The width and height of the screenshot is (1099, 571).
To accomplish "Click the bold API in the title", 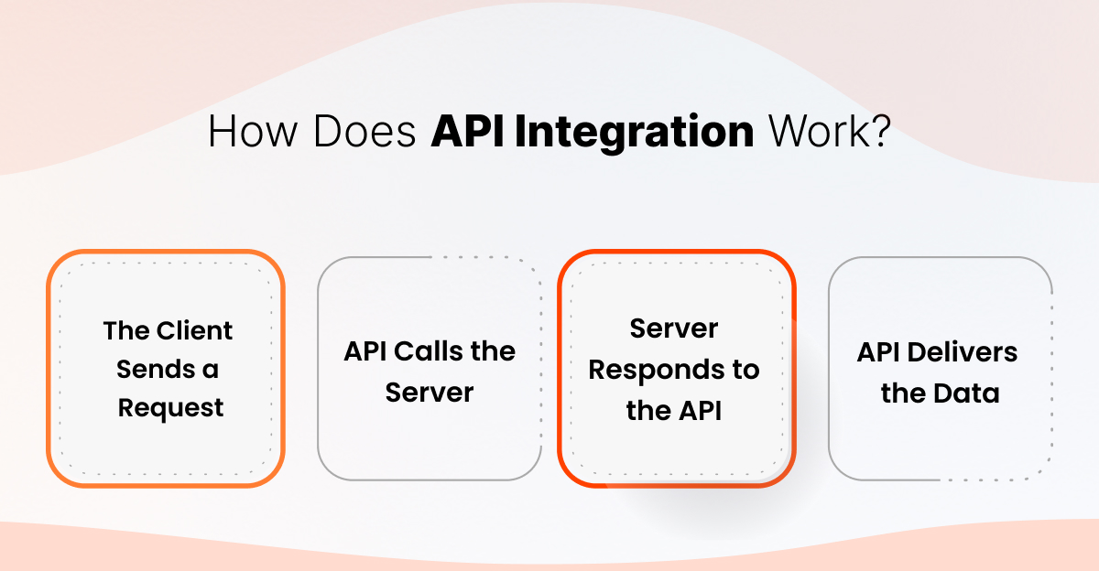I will click(x=468, y=132).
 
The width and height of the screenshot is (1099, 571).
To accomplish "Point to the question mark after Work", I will click(x=880, y=132).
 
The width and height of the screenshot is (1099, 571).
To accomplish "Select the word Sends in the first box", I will click(x=156, y=370).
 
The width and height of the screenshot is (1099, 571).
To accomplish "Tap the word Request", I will click(x=170, y=409).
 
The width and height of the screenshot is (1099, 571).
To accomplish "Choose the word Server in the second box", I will click(x=429, y=392).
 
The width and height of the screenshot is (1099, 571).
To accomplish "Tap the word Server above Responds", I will click(x=673, y=329).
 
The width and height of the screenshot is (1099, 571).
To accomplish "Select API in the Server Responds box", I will click(x=699, y=411).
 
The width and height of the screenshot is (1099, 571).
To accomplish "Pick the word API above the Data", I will click(x=878, y=352).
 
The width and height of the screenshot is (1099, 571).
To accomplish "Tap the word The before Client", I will click(x=125, y=330).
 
